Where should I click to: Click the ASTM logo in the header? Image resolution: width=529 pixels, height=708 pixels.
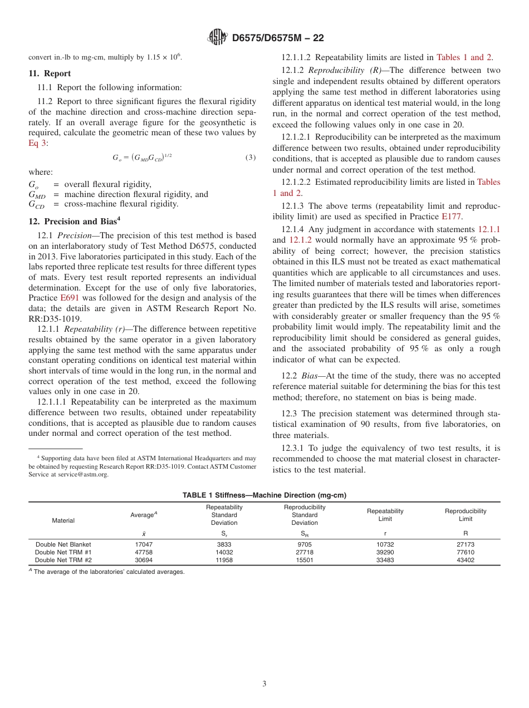217,37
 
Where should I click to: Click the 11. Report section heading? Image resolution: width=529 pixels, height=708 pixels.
50,73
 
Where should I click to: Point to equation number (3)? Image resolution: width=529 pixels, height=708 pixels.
251,158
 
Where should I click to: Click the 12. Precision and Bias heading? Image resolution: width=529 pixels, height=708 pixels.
75,221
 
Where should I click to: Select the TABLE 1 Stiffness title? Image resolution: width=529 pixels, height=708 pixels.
264,495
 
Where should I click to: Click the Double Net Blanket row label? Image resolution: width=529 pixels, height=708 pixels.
63,544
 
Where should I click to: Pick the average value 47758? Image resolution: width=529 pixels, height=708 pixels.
144,552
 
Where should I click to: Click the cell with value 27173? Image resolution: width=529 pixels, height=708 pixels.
466,544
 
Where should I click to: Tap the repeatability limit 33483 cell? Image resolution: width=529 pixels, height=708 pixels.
385,560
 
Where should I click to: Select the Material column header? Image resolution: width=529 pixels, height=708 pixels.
63,520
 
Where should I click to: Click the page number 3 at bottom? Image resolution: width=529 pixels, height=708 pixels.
264,684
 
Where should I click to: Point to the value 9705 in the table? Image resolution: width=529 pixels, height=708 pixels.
305,544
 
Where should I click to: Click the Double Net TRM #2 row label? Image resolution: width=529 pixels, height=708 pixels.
63,560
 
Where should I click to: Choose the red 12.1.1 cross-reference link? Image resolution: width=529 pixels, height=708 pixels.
489,229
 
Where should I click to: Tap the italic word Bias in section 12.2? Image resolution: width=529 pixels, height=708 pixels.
309,376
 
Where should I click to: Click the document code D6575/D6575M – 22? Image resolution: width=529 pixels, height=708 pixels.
278,38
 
